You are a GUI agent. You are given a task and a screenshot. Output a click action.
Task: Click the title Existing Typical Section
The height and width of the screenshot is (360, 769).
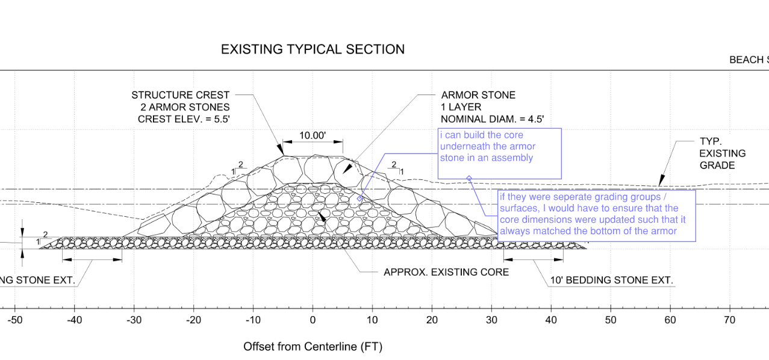[313, 49]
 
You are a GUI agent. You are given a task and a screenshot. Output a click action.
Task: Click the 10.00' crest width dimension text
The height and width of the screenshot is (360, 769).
[313, 135]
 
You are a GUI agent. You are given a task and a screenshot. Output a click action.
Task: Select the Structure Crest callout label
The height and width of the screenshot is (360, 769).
[181, 95]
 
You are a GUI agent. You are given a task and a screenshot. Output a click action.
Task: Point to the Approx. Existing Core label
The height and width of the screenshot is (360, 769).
[446, 272]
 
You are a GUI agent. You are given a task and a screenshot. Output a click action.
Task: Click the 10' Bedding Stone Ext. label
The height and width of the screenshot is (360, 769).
[611, 280]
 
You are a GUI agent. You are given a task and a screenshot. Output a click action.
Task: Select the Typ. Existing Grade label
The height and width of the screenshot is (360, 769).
[723, 153]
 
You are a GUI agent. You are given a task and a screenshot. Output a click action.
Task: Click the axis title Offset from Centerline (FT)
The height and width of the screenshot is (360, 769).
[313, 347]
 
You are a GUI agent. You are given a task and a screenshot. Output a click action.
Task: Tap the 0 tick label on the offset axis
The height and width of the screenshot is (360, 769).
[313, 320]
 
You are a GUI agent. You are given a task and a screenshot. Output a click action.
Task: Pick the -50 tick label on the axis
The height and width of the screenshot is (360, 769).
[14, 320]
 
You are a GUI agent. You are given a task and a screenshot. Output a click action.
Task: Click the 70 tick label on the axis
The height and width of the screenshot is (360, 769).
[729, 320]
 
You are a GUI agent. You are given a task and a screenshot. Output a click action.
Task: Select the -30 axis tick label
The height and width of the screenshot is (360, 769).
[134, 320]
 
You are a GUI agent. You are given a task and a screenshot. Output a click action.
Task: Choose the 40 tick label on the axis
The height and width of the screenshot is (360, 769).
[551, 320]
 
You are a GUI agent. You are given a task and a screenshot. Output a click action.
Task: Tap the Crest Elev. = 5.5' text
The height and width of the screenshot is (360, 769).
[184, 119]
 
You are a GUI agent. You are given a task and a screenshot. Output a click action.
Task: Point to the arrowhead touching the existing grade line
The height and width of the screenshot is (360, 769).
[661, 181]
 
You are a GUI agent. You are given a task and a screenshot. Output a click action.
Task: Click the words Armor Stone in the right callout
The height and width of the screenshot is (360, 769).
[478, 95]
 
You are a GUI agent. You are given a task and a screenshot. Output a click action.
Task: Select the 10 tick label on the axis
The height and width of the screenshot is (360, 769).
[372, 320]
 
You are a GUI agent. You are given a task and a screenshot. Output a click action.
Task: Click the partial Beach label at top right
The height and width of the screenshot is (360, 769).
[749, 60]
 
